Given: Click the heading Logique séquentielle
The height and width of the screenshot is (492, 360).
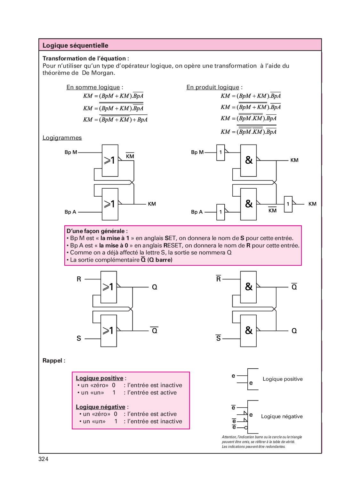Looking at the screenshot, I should click(x=75, y=45).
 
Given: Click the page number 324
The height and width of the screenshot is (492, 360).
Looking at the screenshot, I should click(x=43, y=459).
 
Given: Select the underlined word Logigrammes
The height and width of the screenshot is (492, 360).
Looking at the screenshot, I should click(x=62, y=138).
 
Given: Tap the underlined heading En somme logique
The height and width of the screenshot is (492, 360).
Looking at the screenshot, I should click(x=93, y=87).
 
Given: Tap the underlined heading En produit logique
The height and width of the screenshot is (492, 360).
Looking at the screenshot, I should click(x=213, y=87).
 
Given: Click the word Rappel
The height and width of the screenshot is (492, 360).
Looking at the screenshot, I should click(x=52, y=361).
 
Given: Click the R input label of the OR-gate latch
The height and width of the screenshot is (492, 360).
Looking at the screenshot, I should click(x=79, y=279).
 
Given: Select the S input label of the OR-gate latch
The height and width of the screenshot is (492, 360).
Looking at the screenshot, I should click(x=79, y=338).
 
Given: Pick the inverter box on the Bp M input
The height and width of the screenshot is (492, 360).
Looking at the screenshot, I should click(x=220, y=152).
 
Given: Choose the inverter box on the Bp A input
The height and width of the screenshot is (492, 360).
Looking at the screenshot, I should click(x=220, y=212).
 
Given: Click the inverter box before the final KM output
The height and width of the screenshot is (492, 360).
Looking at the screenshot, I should click(x=288, y=204).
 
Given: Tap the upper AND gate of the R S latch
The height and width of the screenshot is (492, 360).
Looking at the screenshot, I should click(x=248, y=287).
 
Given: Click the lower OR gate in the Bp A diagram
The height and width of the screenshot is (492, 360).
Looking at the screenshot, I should click(x=110, y=204).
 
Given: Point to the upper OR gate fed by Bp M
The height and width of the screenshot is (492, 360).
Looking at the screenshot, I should click(x=110, y=160).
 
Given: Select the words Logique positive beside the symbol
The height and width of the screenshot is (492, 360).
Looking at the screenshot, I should click(x=283, y=379).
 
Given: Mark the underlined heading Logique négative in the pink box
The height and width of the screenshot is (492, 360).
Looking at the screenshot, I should click(x=100, y=407).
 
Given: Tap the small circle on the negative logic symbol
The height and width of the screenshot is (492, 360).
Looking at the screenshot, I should click(x=246, y=428).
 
